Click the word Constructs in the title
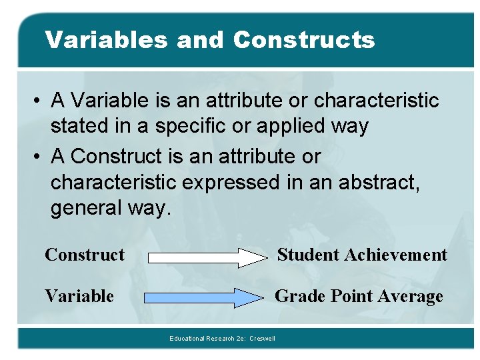304,40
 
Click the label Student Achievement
362,255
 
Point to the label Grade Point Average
359,296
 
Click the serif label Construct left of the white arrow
85,255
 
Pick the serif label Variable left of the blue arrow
79,296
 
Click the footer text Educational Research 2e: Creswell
222,339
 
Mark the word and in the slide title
204,40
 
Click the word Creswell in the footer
262,339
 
